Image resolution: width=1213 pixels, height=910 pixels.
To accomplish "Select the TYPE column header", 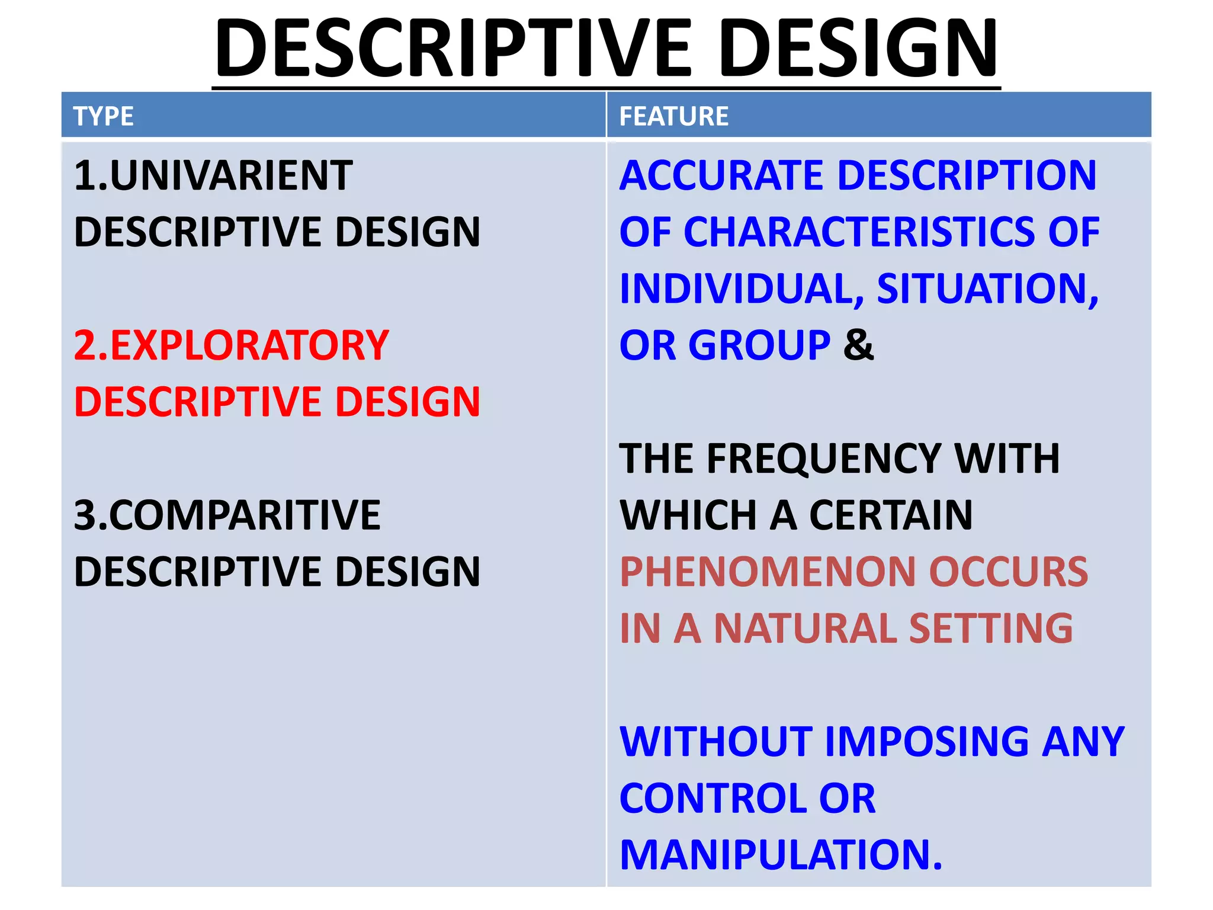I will click(x=104, y=116).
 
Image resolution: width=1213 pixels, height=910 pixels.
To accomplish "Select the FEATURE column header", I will click(x=673, y=116).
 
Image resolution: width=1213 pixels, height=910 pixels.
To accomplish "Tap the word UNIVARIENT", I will click(x=231, y=176).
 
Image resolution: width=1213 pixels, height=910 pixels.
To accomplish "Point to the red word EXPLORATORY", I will click(x=249, y=345).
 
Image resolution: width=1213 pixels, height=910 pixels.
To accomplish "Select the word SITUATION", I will click(x=987, y=289).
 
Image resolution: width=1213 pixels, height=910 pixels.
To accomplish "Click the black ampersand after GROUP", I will click(x=859, y=345).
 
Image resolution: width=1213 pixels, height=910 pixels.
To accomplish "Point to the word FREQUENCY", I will click(x=824, y=459).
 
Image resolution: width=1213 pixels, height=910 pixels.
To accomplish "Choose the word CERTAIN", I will click(x=891, y=515).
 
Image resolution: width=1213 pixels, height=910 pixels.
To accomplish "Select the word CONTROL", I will click(x=711, y=798).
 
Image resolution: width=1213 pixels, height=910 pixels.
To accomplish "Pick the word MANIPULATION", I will click(x=779, y=854).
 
